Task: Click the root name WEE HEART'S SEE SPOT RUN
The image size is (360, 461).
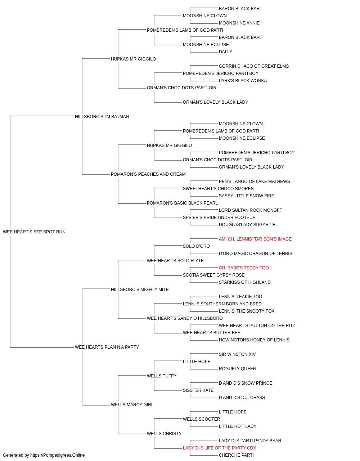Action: pos(34,232)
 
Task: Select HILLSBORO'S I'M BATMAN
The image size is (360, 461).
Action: pos(102,116)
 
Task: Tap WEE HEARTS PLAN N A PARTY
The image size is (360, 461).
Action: pos(107,347)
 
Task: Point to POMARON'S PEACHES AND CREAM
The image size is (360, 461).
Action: pos(148,174)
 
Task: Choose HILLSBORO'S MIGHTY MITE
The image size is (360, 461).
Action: pos(140,289)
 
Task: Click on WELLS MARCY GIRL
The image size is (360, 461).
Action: pos(132,404)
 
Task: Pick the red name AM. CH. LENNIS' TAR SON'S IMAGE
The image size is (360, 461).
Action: pos(255,239)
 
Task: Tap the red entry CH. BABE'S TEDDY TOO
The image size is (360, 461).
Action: pos(244,268)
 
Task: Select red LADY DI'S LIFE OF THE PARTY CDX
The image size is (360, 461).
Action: pos(219,448)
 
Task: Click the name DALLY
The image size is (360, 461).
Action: pos(225,52)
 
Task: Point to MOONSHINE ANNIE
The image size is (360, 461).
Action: pos(239,23)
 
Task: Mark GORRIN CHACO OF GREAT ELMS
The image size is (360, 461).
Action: pos(253,66)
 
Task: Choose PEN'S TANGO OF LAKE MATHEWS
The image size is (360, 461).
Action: pos(254,182)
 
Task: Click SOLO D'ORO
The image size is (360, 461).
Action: pos(196,246)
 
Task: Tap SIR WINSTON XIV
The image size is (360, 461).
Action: pos(237,354)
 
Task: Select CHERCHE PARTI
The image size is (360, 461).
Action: pos(236,455)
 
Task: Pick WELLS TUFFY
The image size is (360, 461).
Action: pos(162,376)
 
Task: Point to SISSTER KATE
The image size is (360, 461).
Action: pos(198,390)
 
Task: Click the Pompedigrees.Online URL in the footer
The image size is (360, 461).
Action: pos(57,455)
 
